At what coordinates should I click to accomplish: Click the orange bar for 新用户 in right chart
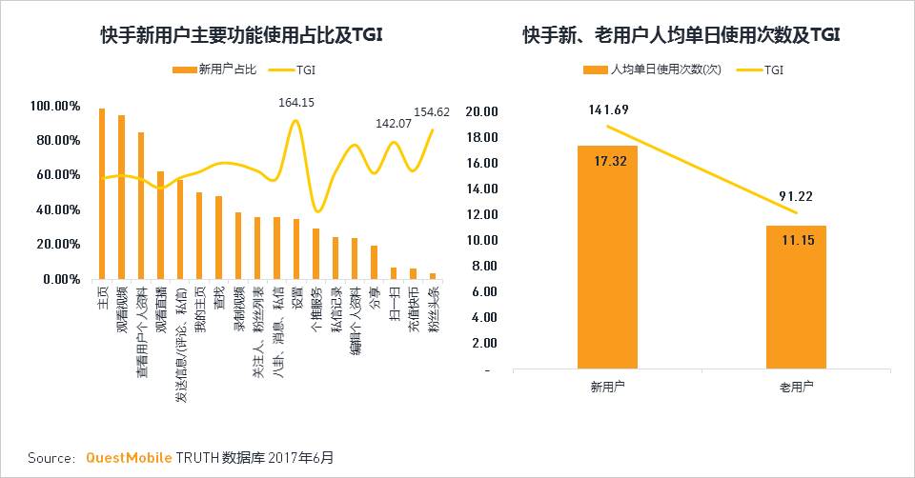point(607,257)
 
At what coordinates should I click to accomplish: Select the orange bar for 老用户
point(796,297)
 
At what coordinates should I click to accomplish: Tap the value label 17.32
point(607,163)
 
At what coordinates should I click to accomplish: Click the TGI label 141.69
point(608,110)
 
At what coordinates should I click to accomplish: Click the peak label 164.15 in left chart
point(295,103)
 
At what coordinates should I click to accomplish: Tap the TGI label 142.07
point(393,124)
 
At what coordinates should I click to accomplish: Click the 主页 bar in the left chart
point(102,194)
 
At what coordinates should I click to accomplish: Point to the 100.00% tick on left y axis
point(55,106)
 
